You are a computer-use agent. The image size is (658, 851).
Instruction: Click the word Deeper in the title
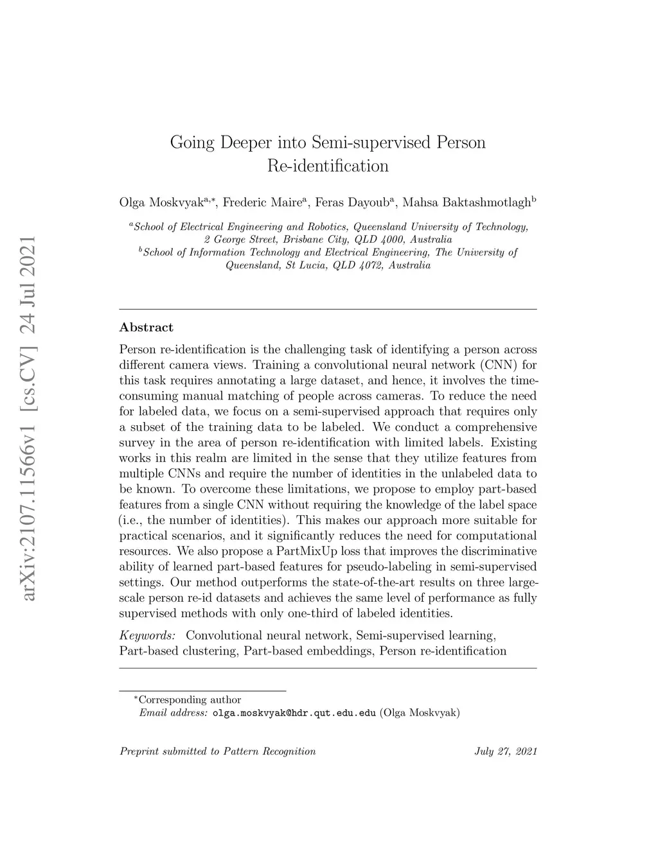(238, 142)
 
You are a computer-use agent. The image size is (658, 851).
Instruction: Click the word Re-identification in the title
(328, 166)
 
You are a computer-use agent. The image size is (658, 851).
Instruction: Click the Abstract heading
(147, 328)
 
